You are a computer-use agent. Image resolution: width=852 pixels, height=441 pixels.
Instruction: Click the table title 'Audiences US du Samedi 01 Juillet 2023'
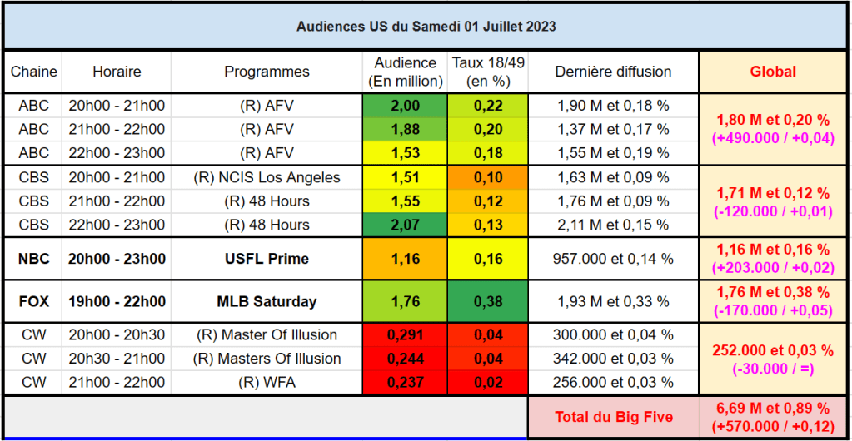tap(426, 27)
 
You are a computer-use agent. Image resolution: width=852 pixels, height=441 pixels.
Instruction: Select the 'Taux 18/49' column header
tap(487, 72)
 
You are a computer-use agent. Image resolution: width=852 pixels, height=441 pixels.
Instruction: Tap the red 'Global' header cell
tap(772, 72)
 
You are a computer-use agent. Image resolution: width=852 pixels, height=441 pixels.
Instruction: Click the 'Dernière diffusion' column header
tap(613, 72)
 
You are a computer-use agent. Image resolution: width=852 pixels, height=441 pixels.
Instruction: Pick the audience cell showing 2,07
tap(405, 225)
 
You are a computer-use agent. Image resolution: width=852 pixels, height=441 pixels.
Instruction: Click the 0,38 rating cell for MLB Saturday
tap(487, 301)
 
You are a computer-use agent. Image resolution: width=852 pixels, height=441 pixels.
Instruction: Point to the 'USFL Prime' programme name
tap(267, 259)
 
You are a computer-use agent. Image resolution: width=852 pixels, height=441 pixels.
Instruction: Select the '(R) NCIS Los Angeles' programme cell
tap(267, 177)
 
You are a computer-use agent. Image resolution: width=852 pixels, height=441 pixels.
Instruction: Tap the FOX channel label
tap(34, 301)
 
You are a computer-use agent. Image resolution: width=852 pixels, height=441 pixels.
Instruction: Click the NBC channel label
tap(34, 259)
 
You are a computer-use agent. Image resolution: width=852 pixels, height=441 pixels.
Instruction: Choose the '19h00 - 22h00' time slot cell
tap(117, 301)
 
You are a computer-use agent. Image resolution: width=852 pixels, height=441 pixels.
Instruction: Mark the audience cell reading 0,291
tap(405, 335)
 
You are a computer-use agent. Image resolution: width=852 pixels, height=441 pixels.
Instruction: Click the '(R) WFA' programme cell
tap(267, 382)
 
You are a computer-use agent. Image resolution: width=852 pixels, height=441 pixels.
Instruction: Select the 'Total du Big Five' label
tap(613, 416)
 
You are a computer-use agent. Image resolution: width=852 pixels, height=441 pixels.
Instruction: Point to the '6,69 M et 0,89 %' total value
tap(772, 408)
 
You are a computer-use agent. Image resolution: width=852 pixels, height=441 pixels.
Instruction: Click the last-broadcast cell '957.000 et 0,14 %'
tap(613, 259)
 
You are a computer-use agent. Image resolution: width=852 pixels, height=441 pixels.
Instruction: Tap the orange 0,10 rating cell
tap(487, 177)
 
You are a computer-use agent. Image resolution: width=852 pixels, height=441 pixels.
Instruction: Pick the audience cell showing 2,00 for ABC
tap(405, 106)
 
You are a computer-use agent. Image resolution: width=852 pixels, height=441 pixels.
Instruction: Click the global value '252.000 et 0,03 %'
tap(772, 350)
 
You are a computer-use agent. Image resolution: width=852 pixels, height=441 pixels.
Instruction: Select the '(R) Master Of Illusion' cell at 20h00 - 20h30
tap(267, 335)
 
